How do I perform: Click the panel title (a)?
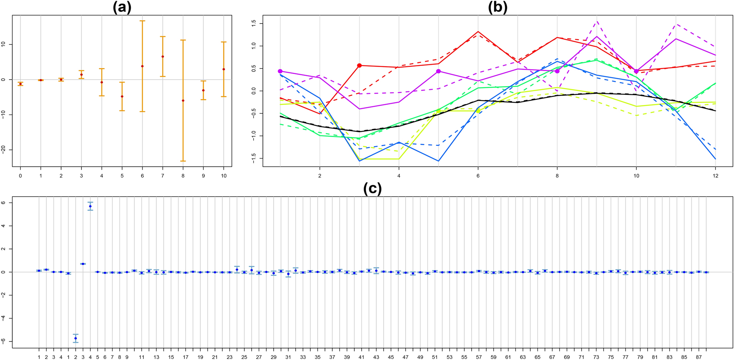pyautogui.click(x=122, y=7)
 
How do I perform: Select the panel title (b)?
pyautogui.click(x=497, y=7)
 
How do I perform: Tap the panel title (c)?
pyautogui.click(x=372, y=189)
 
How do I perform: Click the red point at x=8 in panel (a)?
pyautogui.click(x=183, y=100)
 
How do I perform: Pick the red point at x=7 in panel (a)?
pyautogui.click(x=163, y=57)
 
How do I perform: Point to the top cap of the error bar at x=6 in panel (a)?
pyautogui.click(x=142, y=21)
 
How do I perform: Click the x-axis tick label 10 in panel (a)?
pyautogui.click(x=223, y=176)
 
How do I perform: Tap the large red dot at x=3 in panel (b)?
pyautogui.click(x=359, y=66)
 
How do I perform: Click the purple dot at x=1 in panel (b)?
pyautogui.click(x=280, y=71)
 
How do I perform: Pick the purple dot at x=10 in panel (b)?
pyautogui.click(x=636, y=71)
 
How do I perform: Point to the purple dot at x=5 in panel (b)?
pyautogui.click(x=438, y=71)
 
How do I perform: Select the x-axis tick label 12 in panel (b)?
pyautogui.click(x=715, y=176)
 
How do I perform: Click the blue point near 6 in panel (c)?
pyautogui.click(x=90, y=206)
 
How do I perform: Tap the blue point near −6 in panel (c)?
pyautogui.click(x=76, y=338)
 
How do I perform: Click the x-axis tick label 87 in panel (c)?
pyautogui.click(x=698, y=357)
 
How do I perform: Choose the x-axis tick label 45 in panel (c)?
pyautogui.click(x=391, y=357)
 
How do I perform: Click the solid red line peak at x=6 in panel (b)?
pyautogui.click(x=478, y=31)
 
